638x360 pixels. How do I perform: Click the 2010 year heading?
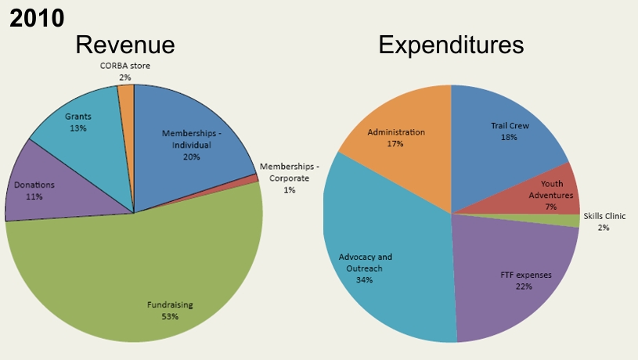click(x=36, y=17)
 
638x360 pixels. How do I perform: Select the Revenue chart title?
click(x=124, y=45)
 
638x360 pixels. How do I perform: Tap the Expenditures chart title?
click(x=451, y=45)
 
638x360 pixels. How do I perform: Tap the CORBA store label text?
click(x=124, y=66)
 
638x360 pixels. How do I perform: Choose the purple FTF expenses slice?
click(x=517, y=274)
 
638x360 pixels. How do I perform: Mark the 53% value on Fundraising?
click(x=170, y=316)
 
